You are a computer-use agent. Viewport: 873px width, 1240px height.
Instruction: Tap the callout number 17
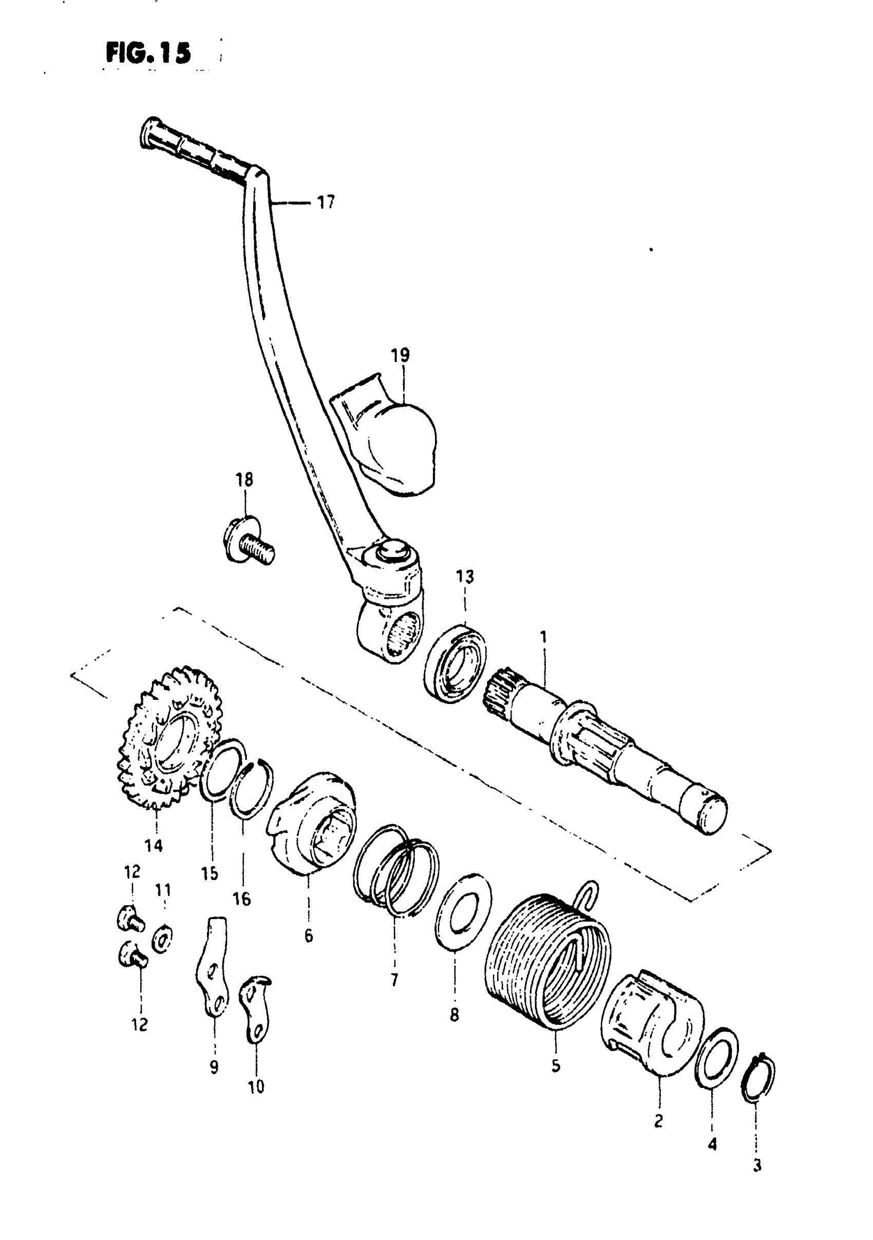tap(326, 202)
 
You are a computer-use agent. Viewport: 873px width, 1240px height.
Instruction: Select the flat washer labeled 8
tap(463, 912)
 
